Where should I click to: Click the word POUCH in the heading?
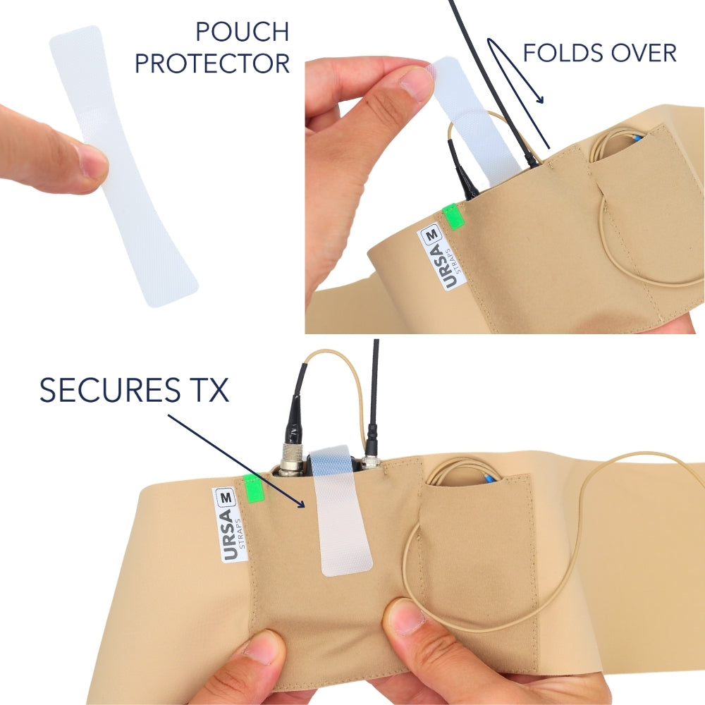(241, 32)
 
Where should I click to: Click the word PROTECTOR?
(212, 63)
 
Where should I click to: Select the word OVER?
(643, 52)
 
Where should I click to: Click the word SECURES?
(112, 390)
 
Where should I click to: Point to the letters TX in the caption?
(209, 390)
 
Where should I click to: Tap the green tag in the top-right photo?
(450, 216)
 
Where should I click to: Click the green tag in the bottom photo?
(252, 489)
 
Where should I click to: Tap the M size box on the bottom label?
(226, 497)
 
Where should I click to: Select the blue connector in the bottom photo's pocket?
(489, 479)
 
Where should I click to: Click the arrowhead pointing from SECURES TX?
(303, 505)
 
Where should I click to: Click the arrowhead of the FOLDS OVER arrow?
(542, 101)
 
